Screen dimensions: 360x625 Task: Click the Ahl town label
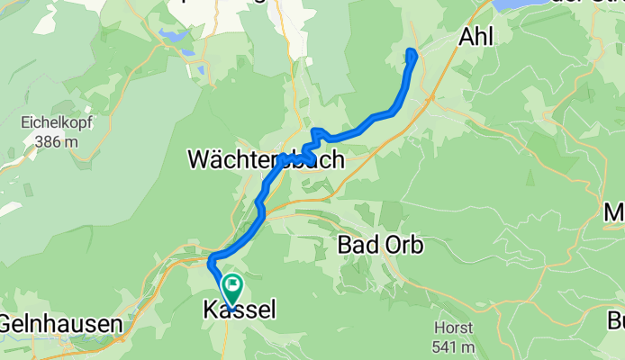(x=477, y=37)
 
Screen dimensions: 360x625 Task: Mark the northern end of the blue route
(x=412, y=51)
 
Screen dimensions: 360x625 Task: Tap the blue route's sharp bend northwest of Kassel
(x=211, y=262)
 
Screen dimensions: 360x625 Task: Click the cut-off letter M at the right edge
(x=615, y=214)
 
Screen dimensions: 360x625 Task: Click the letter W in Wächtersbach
(x=198, y=160)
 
